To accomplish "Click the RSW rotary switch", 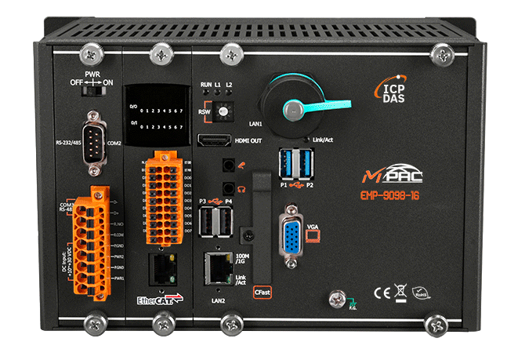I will [221, 113].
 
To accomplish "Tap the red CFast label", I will [263, 290].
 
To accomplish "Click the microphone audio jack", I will [229, 166].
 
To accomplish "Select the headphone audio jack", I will [229, 188].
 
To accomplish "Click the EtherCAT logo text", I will [157, 299].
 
